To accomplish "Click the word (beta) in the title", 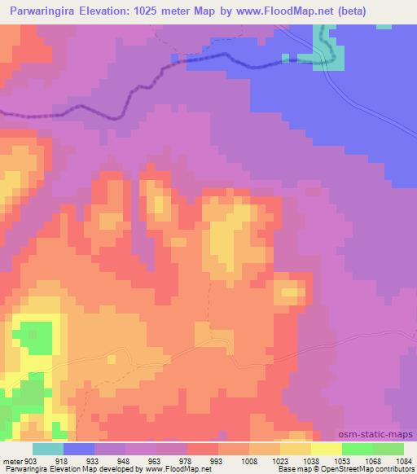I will (326, 11).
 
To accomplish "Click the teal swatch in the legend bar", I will (48, 450).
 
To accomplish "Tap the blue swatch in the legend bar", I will (79, 450).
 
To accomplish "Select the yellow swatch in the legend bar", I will (327, 450).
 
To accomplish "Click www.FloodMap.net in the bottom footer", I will (175, 469).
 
